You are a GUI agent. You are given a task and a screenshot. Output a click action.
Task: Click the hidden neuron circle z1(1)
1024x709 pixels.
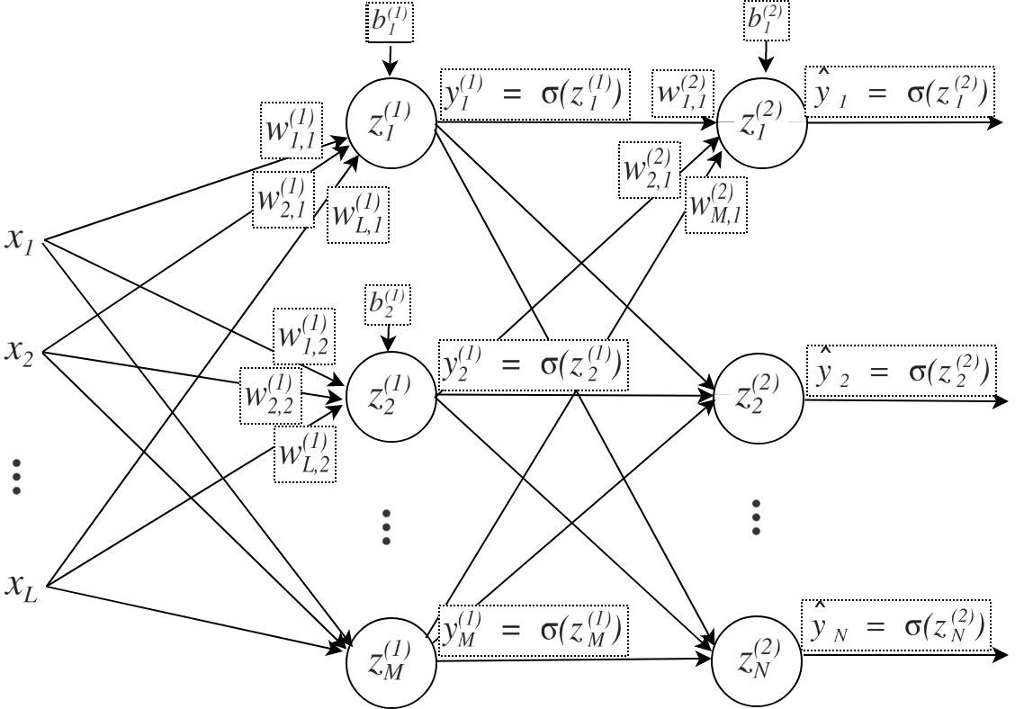(x=391, y=123)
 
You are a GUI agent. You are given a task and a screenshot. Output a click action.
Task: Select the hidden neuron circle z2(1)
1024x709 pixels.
(x=391, y=396)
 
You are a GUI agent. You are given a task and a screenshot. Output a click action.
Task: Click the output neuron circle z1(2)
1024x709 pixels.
(x=762, y=123)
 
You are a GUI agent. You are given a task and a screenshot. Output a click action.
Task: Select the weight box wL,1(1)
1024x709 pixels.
(x=359, y=214)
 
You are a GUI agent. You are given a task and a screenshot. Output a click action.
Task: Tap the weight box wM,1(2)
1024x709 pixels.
(x=715, y=204)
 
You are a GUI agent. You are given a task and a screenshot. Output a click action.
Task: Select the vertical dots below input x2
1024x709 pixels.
(x=17, y=476)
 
